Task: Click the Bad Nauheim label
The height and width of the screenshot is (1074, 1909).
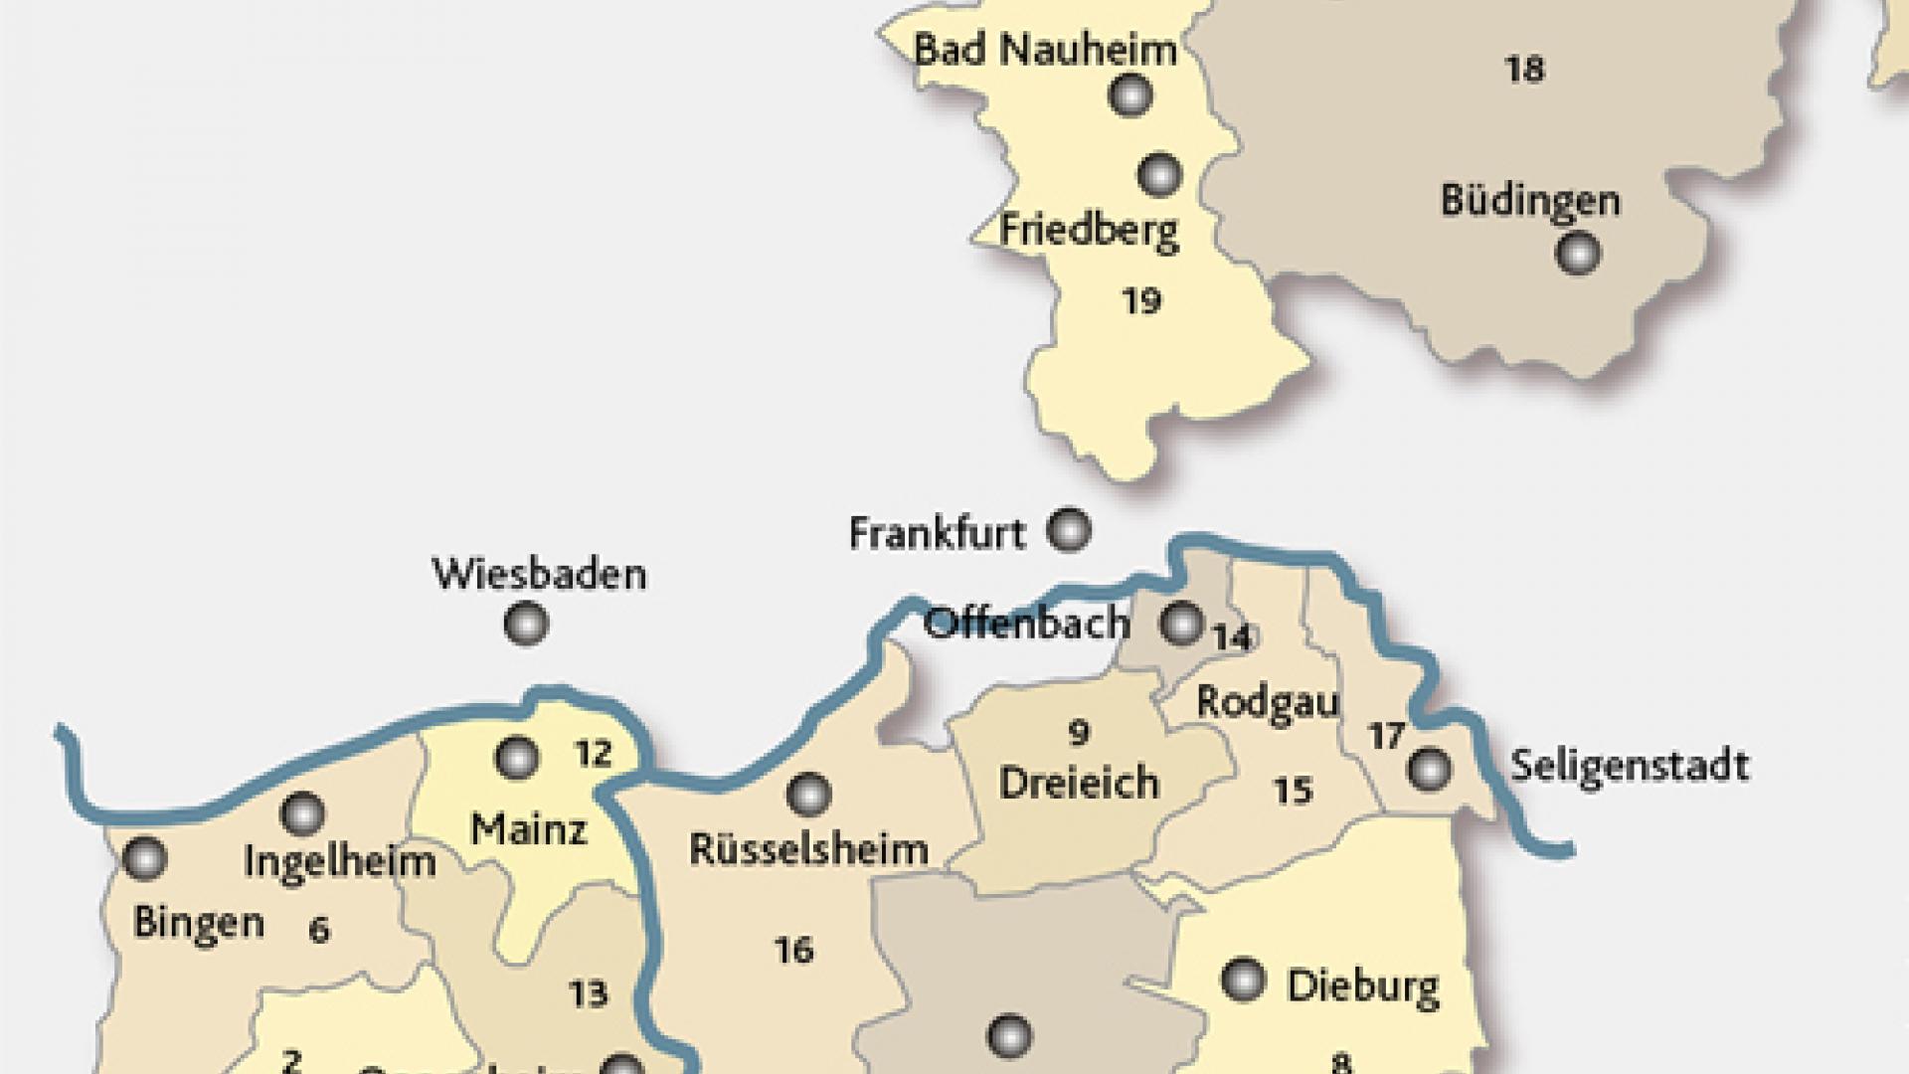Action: point(1045,49)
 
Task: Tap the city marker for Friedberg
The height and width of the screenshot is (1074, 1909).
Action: point(1158,175)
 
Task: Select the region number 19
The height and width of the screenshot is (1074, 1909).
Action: point(1141,300)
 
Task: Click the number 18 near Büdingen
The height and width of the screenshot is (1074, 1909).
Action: point(1524,70)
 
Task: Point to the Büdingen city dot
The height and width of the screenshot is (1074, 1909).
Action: point(1577,253)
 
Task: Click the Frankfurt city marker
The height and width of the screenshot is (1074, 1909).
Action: point(1070,530)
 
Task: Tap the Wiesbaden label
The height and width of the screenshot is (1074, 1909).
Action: point(539,574)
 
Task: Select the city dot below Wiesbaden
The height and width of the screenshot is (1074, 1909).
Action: point(526,625)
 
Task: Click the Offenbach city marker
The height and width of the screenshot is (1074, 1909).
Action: point(1182,624)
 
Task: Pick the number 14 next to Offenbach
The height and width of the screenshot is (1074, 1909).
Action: point(1232,637)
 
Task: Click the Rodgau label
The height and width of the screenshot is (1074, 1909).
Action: point(1267,702)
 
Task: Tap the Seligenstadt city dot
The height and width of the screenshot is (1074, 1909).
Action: point(1430,768)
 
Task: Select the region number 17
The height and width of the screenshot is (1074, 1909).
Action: point(1386,736)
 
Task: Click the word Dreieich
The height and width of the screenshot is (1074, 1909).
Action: point(1079,783)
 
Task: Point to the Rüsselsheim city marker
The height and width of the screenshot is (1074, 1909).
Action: point(808,795)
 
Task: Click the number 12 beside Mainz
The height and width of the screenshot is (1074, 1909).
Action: point(593,754)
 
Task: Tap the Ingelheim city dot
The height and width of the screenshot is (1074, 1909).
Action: point(302,814)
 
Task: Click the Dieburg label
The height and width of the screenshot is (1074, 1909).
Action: point(1362,986)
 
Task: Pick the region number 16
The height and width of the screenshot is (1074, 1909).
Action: point(793,951)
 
